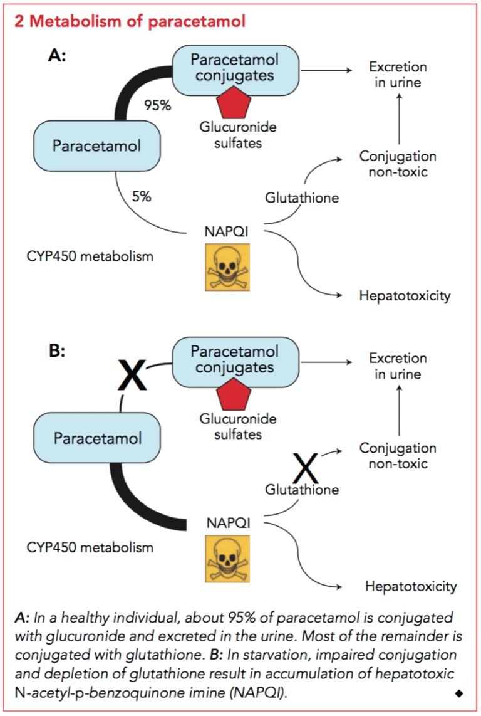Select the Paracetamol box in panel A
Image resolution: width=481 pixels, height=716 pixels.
(96, 146)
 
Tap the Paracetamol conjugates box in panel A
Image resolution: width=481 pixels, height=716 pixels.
(234, 68)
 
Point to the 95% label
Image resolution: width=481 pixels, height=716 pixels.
(157, 105)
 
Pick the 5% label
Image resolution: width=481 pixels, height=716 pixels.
(141, 196)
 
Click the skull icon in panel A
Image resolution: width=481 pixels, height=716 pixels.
(227, 267)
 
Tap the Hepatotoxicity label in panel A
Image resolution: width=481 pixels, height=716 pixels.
(404, 296)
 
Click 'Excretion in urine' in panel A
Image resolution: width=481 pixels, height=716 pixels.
(398, 75)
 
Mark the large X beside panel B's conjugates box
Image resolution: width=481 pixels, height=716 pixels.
(132, 376)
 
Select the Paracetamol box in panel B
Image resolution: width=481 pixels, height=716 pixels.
(97, 438)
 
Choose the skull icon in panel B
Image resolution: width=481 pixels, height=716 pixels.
(227, 559)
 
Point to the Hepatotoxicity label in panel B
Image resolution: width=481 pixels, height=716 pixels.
(410, 587)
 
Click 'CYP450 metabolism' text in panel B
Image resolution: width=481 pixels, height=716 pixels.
(90, 547)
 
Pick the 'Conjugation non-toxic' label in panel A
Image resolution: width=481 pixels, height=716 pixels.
(398, 164)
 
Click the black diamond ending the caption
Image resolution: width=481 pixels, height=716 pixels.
(458, 693)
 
